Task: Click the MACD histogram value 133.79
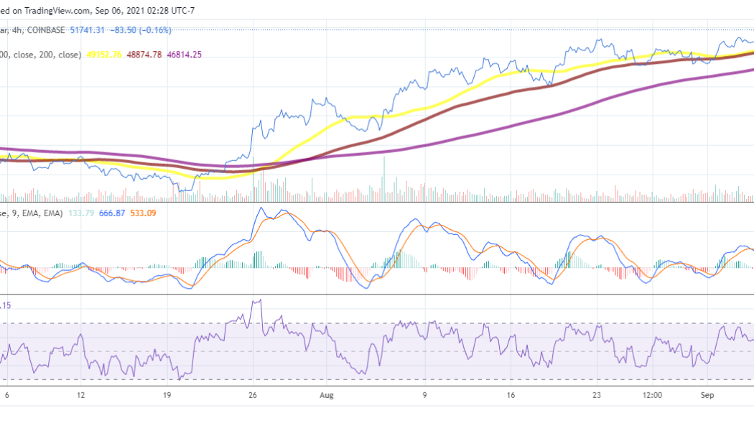pyautogui.click(x=80, y=213)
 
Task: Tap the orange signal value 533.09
pyautogui.click(x=142, y=213)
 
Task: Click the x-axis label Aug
pyautogui.click(x=327, y=395)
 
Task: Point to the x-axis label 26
pyautogui.click(x=253, y=395)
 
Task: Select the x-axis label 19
pyautogui.click(x=167, y=395)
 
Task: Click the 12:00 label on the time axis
pyautogui.click(x=652, y=395)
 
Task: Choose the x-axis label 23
pyautogui.click(x=597, y=395)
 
